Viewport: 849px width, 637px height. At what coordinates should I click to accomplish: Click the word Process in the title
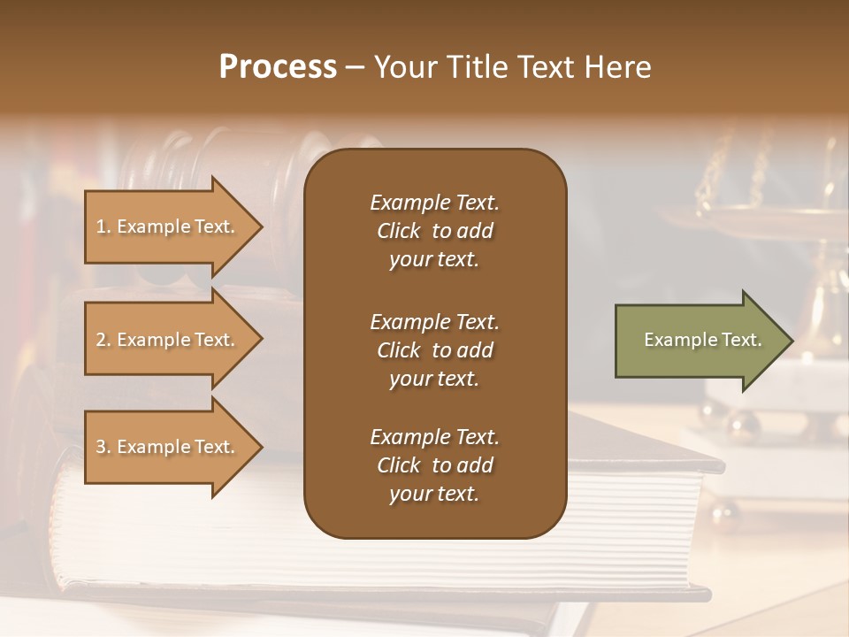coord(278,67)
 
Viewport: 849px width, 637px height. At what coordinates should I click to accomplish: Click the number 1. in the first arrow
coord(103,226)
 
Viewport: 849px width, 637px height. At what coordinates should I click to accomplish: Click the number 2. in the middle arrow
coord(103,340)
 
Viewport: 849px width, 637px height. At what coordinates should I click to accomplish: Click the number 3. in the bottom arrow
coord(103,447)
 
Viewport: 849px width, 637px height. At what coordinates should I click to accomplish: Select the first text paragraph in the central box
coord(434,231)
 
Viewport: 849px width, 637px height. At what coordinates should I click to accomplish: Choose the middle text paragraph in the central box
coord(434,350)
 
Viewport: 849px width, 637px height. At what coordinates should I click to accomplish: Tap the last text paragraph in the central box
coord(434,465)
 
